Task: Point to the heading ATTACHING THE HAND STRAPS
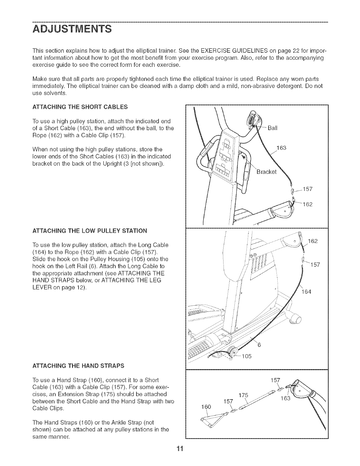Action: [x=79, y=366]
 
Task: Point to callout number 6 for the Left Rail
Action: [x=259, y=345]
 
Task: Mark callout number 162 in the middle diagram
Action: [x=313, y=241]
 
